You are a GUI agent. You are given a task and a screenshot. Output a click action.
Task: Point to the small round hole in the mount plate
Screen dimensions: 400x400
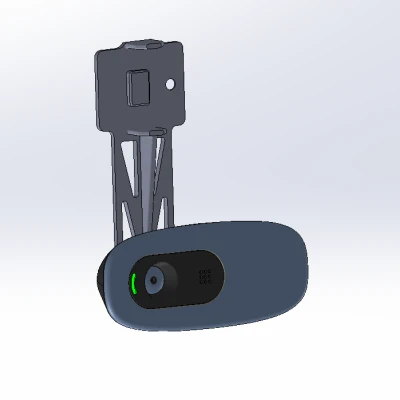(172, 84)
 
